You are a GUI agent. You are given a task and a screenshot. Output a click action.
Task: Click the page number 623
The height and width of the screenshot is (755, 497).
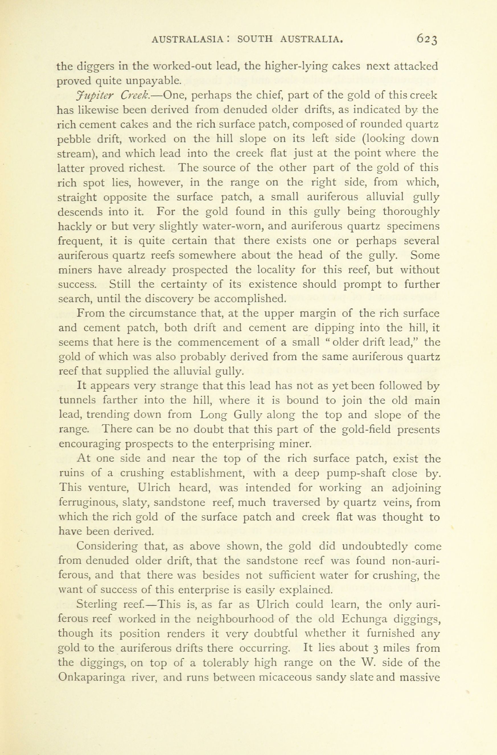(428, 39)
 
